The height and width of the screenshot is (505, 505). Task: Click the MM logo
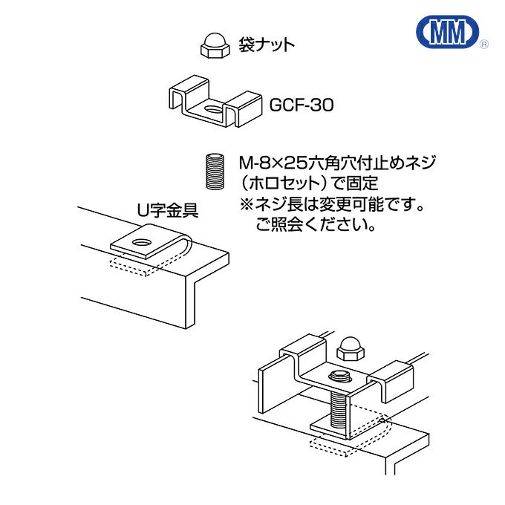click(449, 33)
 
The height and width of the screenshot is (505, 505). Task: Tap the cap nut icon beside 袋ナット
click(213, 45)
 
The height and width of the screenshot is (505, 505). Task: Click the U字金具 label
click(167, 210)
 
